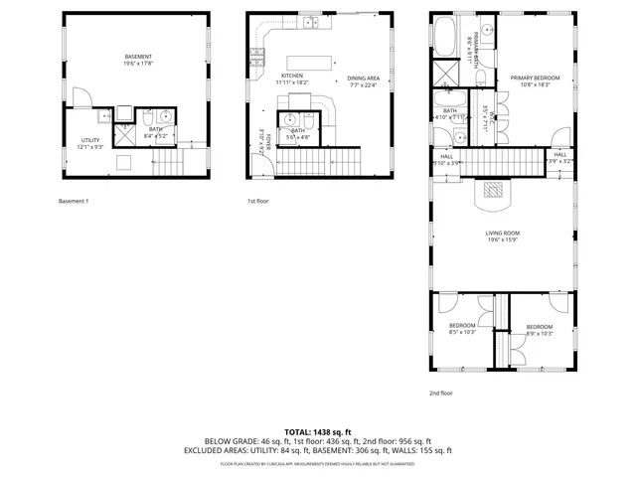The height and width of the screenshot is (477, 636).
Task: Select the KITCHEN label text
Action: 291,77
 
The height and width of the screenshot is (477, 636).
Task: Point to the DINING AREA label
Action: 365,79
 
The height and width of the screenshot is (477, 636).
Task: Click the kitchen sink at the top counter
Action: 310,21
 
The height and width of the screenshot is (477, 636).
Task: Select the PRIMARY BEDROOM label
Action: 535,79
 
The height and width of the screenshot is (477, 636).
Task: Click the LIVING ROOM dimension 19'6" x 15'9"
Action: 503,239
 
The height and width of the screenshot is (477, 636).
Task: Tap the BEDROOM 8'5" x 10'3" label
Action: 462,328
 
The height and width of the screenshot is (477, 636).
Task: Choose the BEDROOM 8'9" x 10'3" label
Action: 539,329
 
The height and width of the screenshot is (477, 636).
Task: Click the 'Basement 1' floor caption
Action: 74,202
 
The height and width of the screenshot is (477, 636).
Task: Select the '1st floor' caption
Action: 259,202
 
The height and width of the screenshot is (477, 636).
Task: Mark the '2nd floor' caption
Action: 440,393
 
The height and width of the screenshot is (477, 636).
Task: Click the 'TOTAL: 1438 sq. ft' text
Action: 318,432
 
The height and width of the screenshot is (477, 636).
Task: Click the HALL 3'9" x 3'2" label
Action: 560,157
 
